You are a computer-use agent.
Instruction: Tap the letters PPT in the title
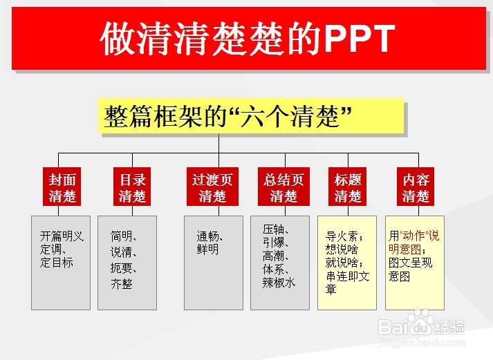[360, 38]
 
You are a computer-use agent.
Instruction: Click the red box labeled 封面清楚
[62, 187]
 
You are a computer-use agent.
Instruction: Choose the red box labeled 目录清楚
[131, 187]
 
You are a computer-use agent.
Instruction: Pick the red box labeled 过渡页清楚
[212, 187]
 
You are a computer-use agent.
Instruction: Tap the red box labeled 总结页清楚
[283, 187]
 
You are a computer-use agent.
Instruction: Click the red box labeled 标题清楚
[348, 187]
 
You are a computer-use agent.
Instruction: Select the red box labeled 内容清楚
[416, 187]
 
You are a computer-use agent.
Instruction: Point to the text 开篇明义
[62, 236]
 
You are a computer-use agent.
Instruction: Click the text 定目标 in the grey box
[56, 263]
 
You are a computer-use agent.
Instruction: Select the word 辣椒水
[279, 283]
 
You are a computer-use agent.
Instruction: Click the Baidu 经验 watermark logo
[443, 325]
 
